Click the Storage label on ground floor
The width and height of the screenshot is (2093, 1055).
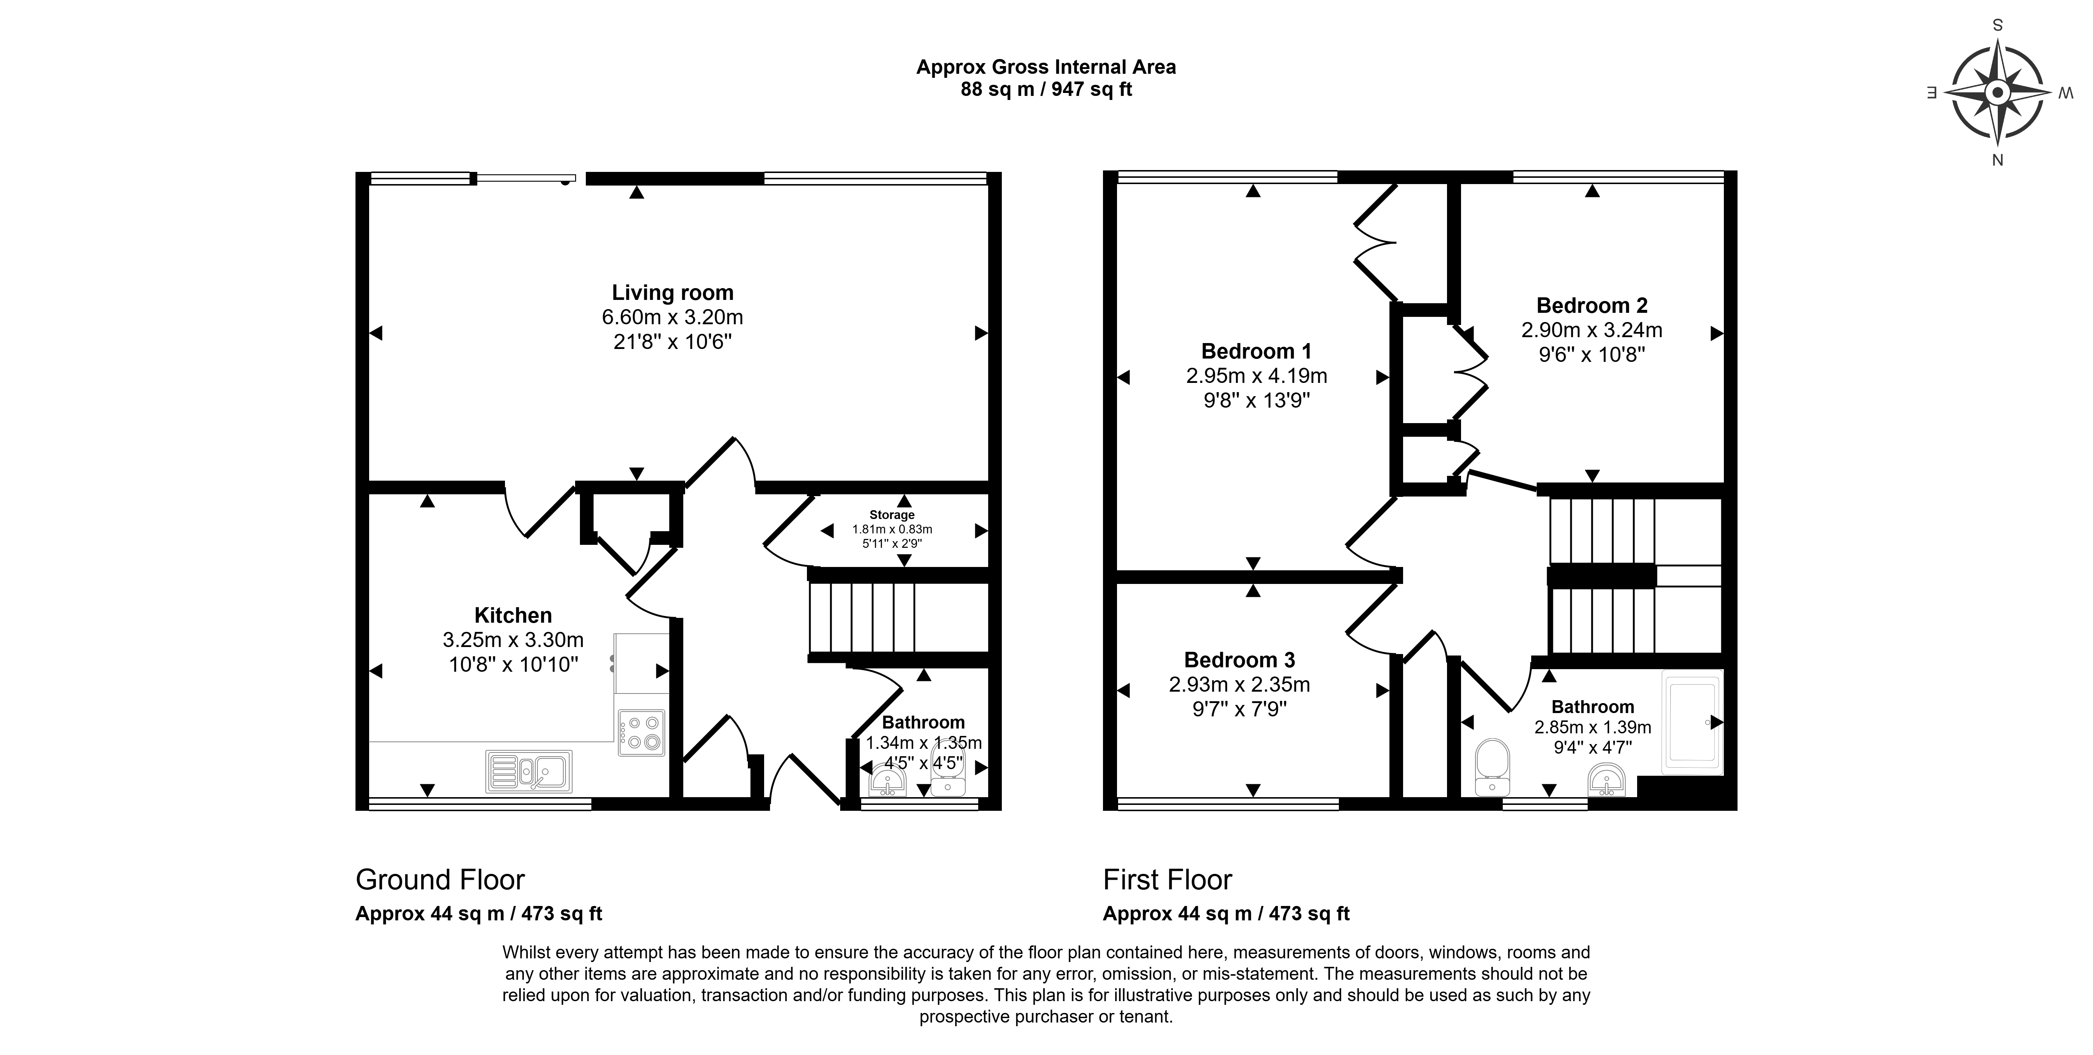(892, 515)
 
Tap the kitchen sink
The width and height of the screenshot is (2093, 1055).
(529, 771)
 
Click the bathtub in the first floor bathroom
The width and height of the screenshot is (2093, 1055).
(1692, 720)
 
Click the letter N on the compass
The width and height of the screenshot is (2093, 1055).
(1997, 160)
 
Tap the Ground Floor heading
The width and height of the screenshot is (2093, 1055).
(440, 879)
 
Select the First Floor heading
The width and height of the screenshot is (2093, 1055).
(1168, 879)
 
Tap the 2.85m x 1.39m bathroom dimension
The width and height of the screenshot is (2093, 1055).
(1592, 728)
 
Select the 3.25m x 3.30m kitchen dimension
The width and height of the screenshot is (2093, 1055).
(513, 640)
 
